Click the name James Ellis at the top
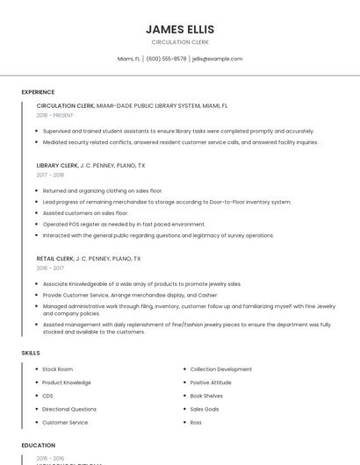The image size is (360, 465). [x=180, y=30]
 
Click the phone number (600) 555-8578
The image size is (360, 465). [x=166, y=59]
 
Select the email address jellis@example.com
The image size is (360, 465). [x=217, y=59]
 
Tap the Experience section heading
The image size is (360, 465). [x=38, y=92]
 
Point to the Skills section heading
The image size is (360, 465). [x=31, y=353]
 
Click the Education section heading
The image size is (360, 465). [x=39, y=446]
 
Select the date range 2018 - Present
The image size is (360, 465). [x=55, y=115]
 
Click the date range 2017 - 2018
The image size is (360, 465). [x=50, y=175]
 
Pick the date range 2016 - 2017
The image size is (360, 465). [x=50, y=268]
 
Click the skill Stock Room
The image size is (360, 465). [x=57, y=369]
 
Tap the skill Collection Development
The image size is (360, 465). [x=220, y=369]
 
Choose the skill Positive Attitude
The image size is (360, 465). [x=211, y=383]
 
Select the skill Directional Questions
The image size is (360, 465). [x=69, y=409]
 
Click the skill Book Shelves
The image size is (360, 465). [x=206, y=396]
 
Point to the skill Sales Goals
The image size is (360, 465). [x=205, y=409]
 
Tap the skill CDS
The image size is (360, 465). [x=47, y=396]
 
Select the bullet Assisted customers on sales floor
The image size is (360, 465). [x=85, y=212]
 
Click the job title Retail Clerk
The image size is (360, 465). [x=54, y=259]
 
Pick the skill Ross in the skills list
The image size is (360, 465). [x=196, y=422]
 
